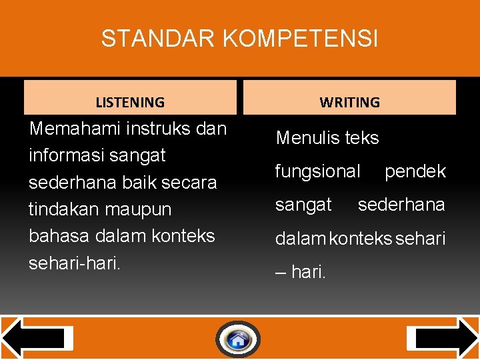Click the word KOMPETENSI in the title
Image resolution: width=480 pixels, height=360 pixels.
pos(300,39)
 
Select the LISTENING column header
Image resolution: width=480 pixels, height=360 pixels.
pos(130,102)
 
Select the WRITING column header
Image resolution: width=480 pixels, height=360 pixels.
pos(349,102)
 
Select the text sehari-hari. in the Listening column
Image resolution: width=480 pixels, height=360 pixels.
pos(75,263)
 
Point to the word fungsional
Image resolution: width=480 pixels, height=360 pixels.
pos(317,171)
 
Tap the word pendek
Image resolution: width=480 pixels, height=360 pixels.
pos(415,171)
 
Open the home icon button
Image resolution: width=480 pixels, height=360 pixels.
pos(238,340)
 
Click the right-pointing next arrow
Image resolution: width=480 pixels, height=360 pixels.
pos(443,338)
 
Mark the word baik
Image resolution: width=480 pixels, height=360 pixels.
pos(139,182)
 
